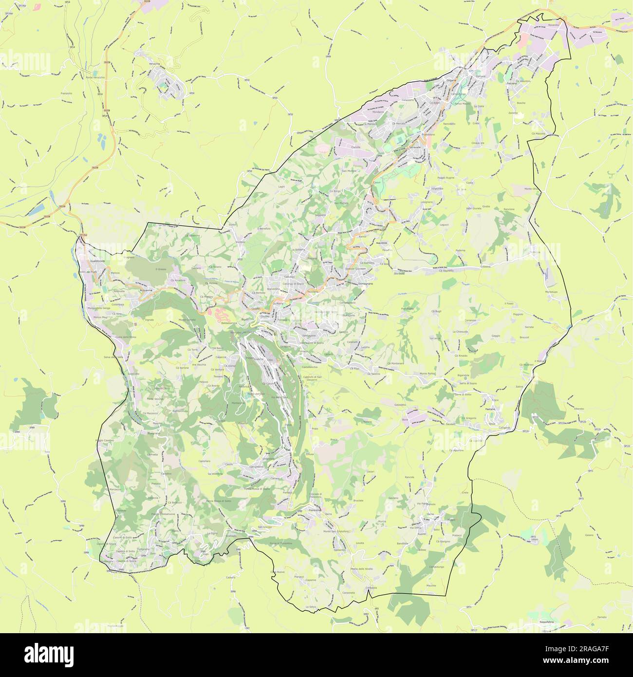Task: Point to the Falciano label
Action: point(511,84)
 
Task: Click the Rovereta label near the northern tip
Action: point(554,24)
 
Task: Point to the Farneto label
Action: point(602,617)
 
